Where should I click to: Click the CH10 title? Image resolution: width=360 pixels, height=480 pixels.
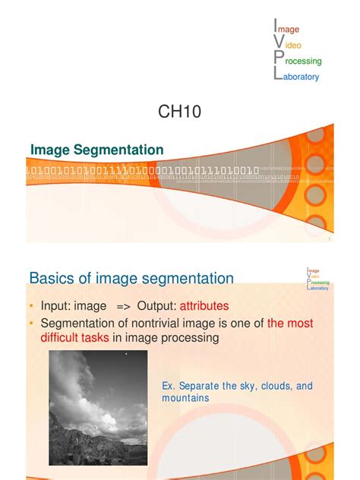[x=181, y=112]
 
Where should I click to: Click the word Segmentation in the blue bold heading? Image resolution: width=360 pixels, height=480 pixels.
[x=122, y=150]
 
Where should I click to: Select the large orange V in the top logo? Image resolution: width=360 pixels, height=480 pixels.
[x=278, y=45]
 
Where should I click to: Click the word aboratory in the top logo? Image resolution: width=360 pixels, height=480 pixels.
[x=302, y=77]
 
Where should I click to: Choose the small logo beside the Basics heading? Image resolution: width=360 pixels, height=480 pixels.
[x=317, y=279]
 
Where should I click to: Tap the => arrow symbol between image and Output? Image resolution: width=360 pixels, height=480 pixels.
[x=124, y=305]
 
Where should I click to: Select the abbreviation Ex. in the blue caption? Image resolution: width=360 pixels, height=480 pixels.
[x=170, y=387]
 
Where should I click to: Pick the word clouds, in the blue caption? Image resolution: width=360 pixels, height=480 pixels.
[x=271, y=387]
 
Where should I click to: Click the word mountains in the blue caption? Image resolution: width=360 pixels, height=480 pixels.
[x=186, y=397]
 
